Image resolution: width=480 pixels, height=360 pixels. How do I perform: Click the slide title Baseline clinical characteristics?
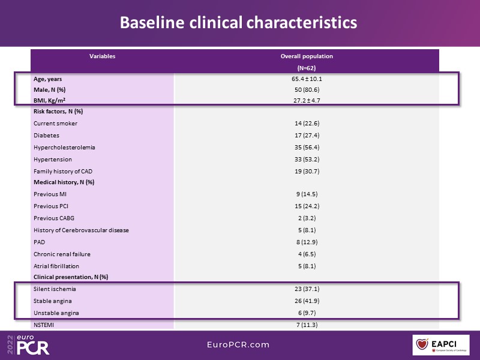238,23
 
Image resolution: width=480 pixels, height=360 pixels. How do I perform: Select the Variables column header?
103,56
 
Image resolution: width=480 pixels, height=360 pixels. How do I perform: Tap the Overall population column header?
307,56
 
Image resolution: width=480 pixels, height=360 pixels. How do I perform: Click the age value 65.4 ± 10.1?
307,79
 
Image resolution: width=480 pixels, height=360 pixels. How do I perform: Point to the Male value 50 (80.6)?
307,89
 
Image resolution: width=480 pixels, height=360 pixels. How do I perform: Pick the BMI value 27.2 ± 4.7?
307,100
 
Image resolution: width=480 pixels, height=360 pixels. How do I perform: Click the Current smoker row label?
56,124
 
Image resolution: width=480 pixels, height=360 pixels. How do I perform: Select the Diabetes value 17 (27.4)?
307,136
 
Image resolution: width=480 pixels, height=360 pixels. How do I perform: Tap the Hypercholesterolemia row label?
65,148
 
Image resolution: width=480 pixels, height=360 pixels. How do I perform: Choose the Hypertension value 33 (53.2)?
307,160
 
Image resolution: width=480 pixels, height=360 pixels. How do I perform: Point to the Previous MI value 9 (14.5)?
307,194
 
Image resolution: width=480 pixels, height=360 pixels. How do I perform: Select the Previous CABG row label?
54,218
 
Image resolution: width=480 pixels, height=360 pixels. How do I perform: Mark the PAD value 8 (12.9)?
307,242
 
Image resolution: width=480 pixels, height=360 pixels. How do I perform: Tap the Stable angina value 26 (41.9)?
307,301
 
